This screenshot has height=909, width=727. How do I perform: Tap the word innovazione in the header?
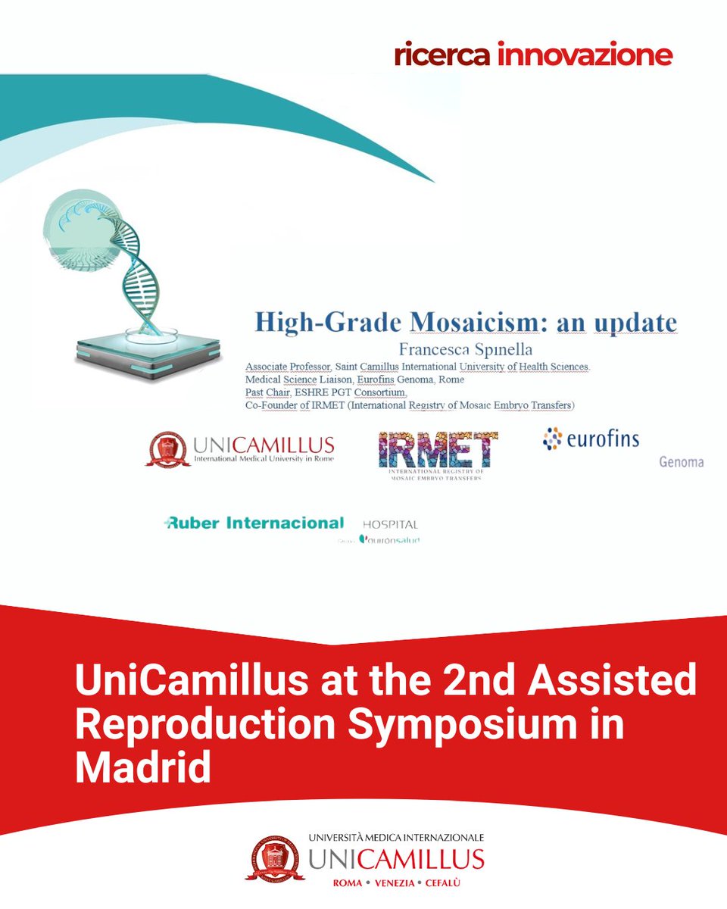tap(585, 55)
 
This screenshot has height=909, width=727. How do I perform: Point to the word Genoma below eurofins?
tap(681, 461)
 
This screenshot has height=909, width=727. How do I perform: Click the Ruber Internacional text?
tap(254, 523)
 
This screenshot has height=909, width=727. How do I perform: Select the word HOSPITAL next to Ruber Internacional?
tap(390, 524)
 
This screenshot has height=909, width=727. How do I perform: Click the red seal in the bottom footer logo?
tap(275, 858)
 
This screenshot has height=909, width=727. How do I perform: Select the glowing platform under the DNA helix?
tap(148, 355)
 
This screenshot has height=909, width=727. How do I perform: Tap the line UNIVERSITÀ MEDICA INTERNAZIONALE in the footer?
tap(396, 838)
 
